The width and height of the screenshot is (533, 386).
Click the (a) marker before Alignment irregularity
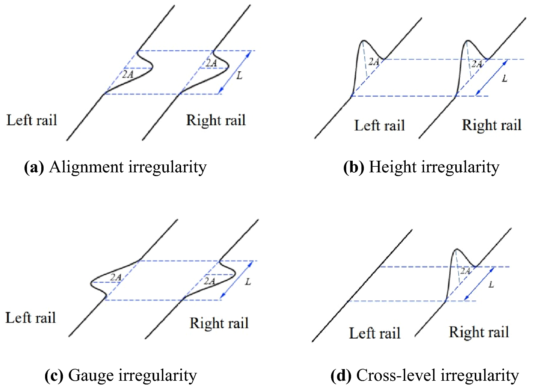point(34,167)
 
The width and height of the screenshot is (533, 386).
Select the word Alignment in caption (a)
point(86,167)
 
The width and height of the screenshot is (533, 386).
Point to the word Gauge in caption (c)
point(91,375)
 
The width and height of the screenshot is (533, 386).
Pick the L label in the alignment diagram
point(239,75)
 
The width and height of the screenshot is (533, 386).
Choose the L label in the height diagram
point(504,78)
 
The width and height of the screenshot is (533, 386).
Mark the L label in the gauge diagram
point(248,282)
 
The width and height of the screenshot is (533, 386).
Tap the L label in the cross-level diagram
point(491,285)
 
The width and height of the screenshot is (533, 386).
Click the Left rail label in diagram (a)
point(32,120)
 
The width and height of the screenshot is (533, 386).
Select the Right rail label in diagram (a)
point(216,120)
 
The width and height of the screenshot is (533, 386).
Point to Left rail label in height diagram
point(379,125)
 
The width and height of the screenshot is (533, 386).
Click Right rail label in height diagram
point(491,125)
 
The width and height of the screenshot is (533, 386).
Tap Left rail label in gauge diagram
point(30,318)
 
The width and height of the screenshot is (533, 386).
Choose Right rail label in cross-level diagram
point(479,332)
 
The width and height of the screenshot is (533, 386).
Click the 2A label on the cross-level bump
point(465,271)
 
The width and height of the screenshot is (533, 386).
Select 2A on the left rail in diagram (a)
point(128,74)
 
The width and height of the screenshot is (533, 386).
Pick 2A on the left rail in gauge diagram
point(116,277)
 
